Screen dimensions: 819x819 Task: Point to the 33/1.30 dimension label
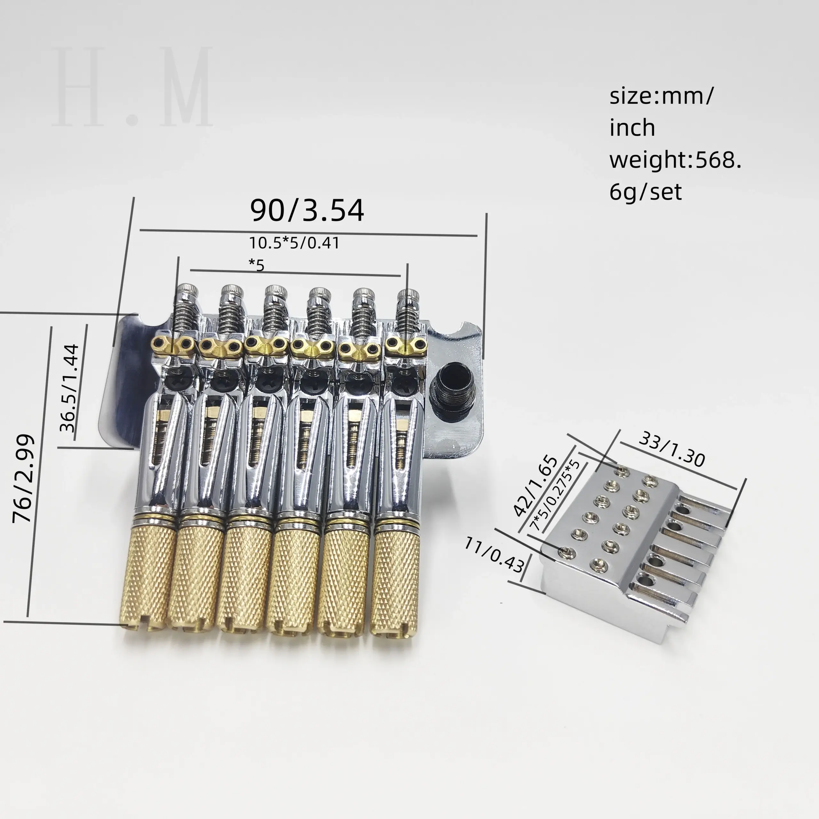coord(672,449)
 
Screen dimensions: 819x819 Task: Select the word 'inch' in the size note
coord(632,128)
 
